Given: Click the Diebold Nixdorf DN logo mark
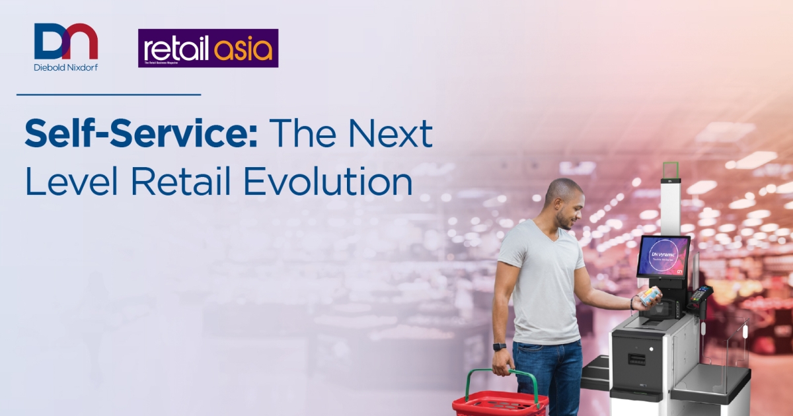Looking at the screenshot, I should tap(65, 42).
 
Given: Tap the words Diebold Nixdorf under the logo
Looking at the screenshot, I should tap(65, 67).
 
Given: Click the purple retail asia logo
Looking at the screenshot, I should tap(208, 48).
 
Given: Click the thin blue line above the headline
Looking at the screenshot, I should tap(108, 94).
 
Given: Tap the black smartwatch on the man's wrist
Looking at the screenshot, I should tap(500, 347).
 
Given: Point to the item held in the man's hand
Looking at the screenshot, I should tap(650, 296).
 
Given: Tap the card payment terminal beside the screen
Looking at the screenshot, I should tap(700, 301).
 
